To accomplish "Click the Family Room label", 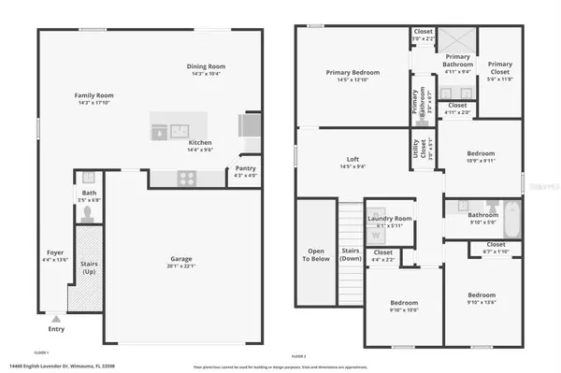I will (x=94, y=95).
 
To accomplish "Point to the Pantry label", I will (x=245, y=170).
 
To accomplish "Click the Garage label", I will (x=181, y=259).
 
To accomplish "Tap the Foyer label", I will (x=55, y=252).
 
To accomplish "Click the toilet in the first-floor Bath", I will (x=86, y=213).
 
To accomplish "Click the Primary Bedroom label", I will (x=352, y=73).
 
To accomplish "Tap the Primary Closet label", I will (x=500, y=66).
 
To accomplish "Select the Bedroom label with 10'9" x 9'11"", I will (x=481, y=154).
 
